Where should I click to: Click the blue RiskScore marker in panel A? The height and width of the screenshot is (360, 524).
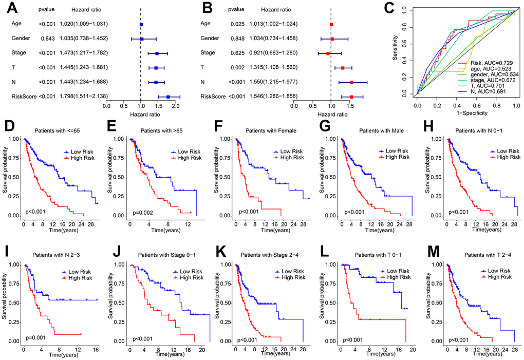[168, 96]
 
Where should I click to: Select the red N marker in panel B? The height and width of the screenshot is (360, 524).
[351, 82]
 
